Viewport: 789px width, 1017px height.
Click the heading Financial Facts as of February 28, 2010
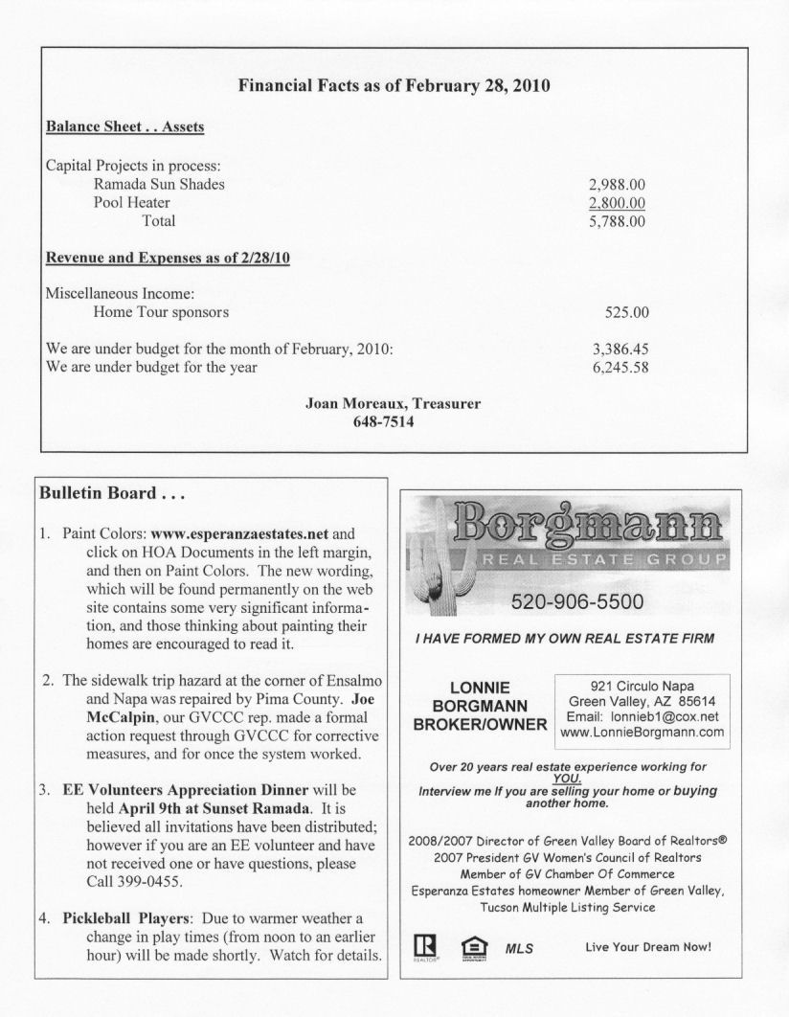pyautogui.click(x=394, y=85)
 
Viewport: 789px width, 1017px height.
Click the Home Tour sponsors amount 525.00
pyautogui.click(x=627, y=312)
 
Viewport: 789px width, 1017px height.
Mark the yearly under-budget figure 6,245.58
pyautogui.click(x=620, y=367)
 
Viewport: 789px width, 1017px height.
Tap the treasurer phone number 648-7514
pyautogui.click(x=393, y=421)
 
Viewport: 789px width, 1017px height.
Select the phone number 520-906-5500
pyautogui.click(x=570, y=602)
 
